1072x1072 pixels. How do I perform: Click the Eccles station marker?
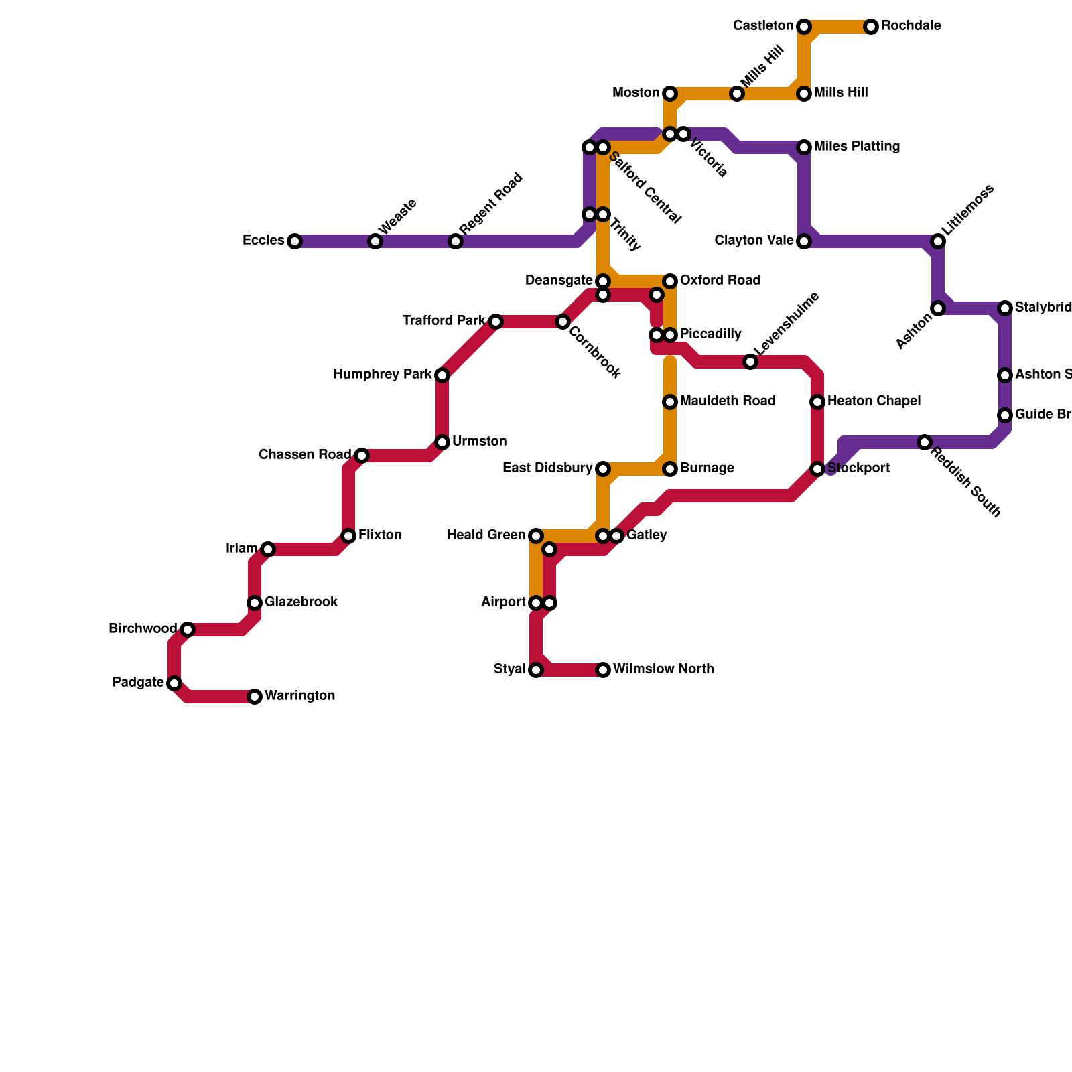pyautogui.click(x=295, y=241)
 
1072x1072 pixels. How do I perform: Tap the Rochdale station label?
pyautogui.click(x=911, y=27)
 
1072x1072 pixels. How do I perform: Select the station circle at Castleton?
pyautogui.click(x=804, y=27)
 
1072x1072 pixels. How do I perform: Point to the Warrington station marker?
pyautogui.click(x=255, y=697)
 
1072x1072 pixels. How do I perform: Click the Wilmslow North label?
pyautogui.click(x=663, y=669)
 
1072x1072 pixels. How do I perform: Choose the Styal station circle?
pyautogui.click(x=536, y=670)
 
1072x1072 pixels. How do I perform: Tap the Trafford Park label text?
pyautogui.click(x=443, y=321)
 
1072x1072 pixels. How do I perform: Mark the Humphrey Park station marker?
pyautogui.click(x=442, y=375)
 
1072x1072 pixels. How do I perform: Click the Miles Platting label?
pyautogui.click(x=856, y=147)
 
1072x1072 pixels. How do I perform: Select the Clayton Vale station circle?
pyautogui.click(x=804, y=241)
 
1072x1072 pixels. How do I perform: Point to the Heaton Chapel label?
pyautogui.click(x=874, y=401)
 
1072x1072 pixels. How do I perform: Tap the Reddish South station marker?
pyautogui.click(x=925, y=442)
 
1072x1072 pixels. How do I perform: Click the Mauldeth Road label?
pyautogui.click(x=727, y=401)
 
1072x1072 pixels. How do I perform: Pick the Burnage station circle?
pyautogui.click(x=670, y=469)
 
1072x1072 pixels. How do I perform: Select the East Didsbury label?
pyautogui.click(x=547, y=468)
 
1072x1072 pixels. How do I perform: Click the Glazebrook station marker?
pyautogui.click(x=255, y=603)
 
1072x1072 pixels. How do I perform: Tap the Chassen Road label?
pyautogui.click(x=304, y=455)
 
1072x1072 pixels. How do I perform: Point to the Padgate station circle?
pyautogui.click(x=174, y=683)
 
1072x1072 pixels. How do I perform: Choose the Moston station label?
pyautogui.click(x=635, y=93)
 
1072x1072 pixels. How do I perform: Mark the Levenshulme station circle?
pyautogui.click(x=750, y=362)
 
